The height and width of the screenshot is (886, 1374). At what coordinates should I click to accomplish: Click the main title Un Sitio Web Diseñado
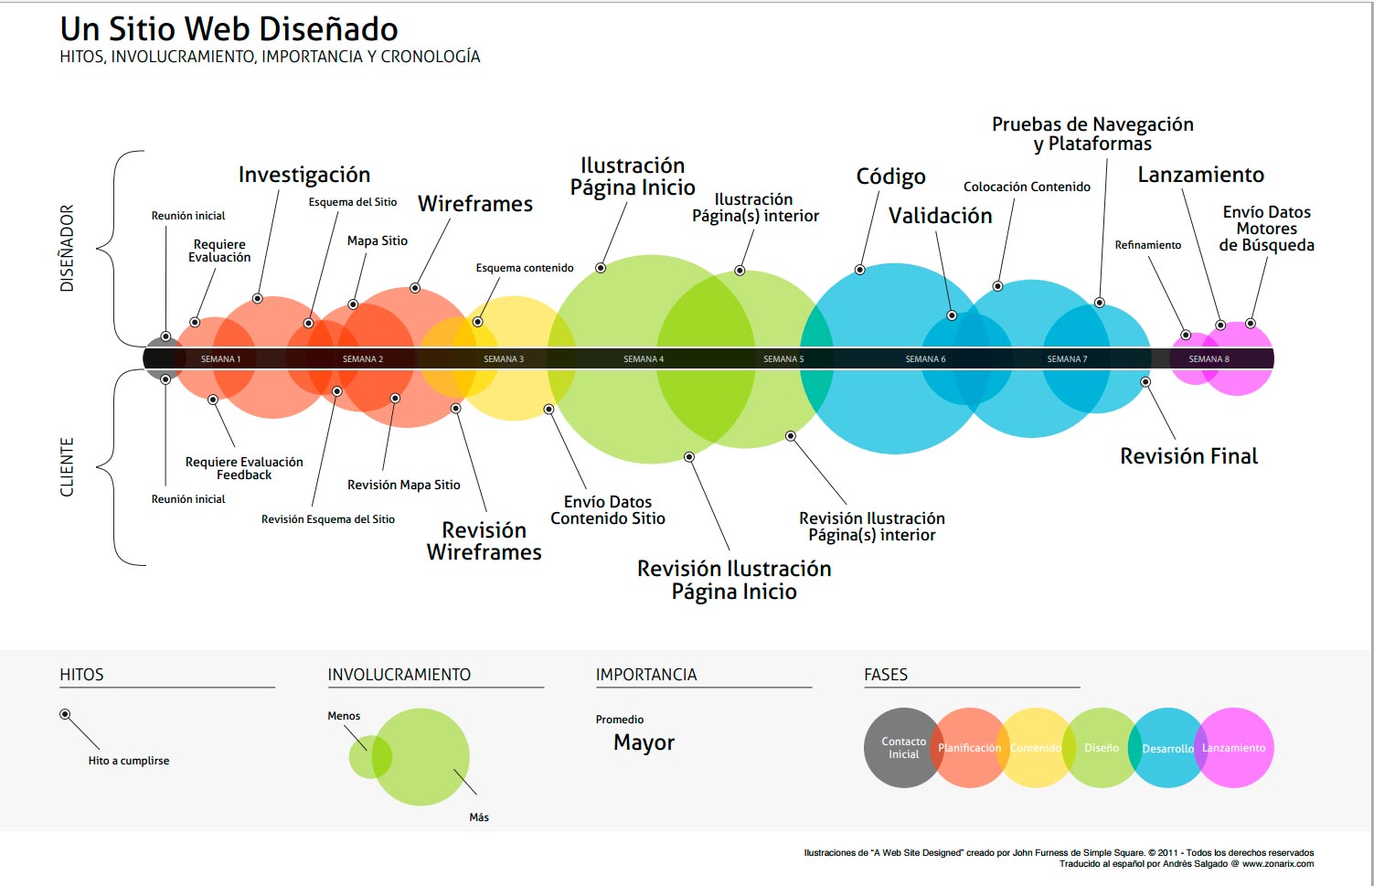[x=229, y=29]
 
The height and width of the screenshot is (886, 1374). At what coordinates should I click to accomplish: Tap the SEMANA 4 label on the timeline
[x=644, y=359]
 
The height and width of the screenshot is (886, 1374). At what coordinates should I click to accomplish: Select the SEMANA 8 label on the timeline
[x=1209, y=359]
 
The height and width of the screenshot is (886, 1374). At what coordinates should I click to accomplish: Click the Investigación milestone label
[x=304, y=175]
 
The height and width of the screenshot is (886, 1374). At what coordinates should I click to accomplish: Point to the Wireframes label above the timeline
[x=475, y=204]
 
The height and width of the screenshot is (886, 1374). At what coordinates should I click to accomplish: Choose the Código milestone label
[x=890, y=176]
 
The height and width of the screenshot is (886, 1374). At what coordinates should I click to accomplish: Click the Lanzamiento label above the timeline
[x=1200, y=175]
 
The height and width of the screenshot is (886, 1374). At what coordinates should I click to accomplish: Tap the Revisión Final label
[x=1188, y=456]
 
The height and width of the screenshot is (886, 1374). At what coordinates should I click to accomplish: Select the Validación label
[x=940, y=216]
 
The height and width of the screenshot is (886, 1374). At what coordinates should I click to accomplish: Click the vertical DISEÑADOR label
[x=67, y=249]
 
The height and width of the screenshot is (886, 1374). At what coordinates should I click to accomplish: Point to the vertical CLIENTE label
[x=67, y=467]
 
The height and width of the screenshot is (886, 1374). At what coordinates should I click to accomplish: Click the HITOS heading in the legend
[x=81, y=675]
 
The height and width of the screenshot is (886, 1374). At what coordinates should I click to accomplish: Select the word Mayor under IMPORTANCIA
[x=644, y=742]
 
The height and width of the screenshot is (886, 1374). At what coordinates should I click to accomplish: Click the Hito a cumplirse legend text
[x=129, y=761]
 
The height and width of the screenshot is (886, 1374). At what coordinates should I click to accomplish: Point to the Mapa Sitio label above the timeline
[x=377, y=240]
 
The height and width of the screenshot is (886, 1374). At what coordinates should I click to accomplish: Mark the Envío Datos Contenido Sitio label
[x=607, y=510]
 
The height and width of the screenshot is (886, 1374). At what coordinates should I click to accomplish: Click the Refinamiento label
[x=1147, y=245]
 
